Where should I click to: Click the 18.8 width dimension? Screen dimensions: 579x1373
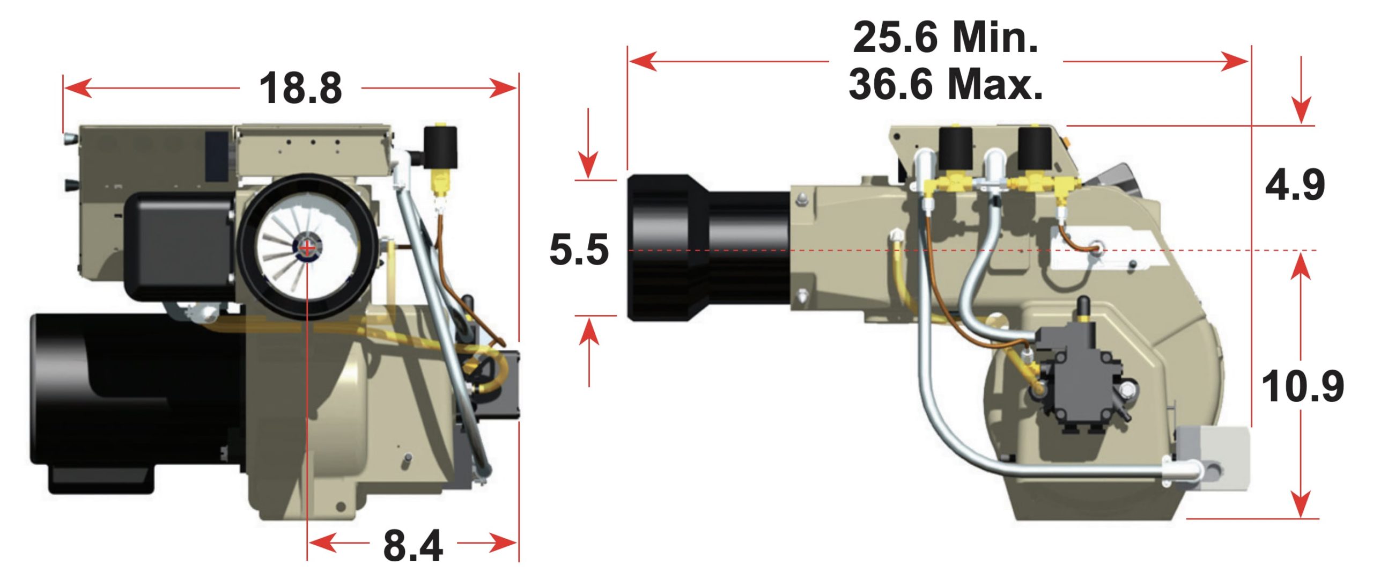pyautogui.click(x=300, y=89)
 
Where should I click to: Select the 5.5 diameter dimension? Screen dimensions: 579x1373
pyautogui.click(x=579, y=250)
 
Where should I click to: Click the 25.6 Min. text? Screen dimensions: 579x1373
pyautogui.click(x=946, y=38)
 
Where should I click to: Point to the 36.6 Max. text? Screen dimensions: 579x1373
pyautogui.click(x=946, y=84)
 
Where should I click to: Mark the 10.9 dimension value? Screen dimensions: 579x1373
pyautogui.click(x=1302, y=386)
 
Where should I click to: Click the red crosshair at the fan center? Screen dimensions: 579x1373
pyautogui.click(x=307, y=248)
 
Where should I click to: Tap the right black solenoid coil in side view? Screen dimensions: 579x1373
pyautogui.click(x=1035, y=149)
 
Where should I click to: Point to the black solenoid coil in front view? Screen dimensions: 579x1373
pyautogui.click(x=441, y=147)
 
